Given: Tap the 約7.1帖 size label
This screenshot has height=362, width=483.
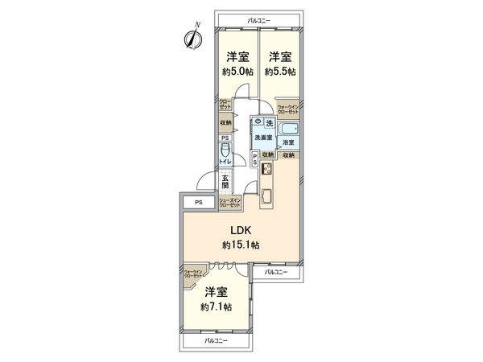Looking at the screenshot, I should (x=217, y=306).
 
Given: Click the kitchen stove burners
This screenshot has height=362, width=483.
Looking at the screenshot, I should (x=266, y=171).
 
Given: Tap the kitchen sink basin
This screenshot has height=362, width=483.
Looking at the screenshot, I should (x=266, y=194).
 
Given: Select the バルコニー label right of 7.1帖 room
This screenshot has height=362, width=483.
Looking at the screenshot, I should (x=275, y=273).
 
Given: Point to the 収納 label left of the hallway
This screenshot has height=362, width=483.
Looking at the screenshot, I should (x=225, y=123).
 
